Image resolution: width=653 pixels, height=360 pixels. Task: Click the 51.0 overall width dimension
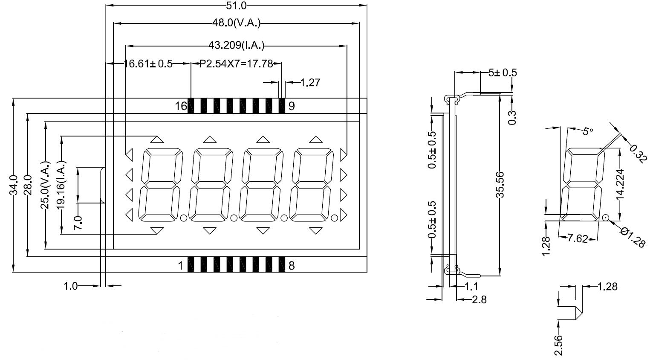click(x=237, y=6)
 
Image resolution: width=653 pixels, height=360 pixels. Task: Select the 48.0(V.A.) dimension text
click(x=237, y=23)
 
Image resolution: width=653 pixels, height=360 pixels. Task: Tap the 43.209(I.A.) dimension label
click(x=237, y=45)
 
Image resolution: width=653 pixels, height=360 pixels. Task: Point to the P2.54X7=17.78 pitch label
click(x=236, y=64)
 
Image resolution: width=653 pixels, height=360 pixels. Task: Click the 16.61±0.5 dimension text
click(x=148, y=64)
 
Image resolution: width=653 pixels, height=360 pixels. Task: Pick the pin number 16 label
click(x=181, y=106)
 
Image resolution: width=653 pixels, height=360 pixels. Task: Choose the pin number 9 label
click(x=292, y=106)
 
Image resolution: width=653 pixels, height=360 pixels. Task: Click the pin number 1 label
click(x=181, y=266)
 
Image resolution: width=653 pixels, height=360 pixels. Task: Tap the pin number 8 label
click(x=292, y=266)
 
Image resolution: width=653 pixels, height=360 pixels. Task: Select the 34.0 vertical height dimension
click(x=14, y=185)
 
